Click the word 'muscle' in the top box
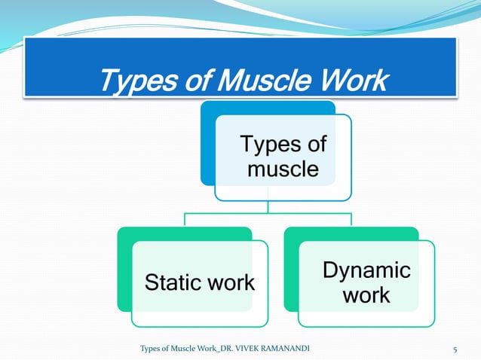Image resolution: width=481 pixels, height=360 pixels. pyautogui.click(x=283, y=169)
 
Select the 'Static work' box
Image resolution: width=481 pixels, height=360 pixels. pyautogui.click(x=200, y=283)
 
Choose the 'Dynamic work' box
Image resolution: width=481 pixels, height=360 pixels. pyautogui.click(x=366, y=283)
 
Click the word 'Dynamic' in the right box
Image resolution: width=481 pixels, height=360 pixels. pyautogui.click(x=366, y=270)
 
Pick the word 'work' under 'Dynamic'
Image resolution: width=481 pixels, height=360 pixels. pyautogui.click(x=366, y=295)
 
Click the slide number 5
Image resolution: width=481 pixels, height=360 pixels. pyautogui.click(x=455, y=350)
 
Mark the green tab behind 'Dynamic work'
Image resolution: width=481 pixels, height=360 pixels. pyautogui.click(x=291, y=271)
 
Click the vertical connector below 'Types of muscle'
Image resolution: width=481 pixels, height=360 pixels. pyautogui.click(x=269, y=207)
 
